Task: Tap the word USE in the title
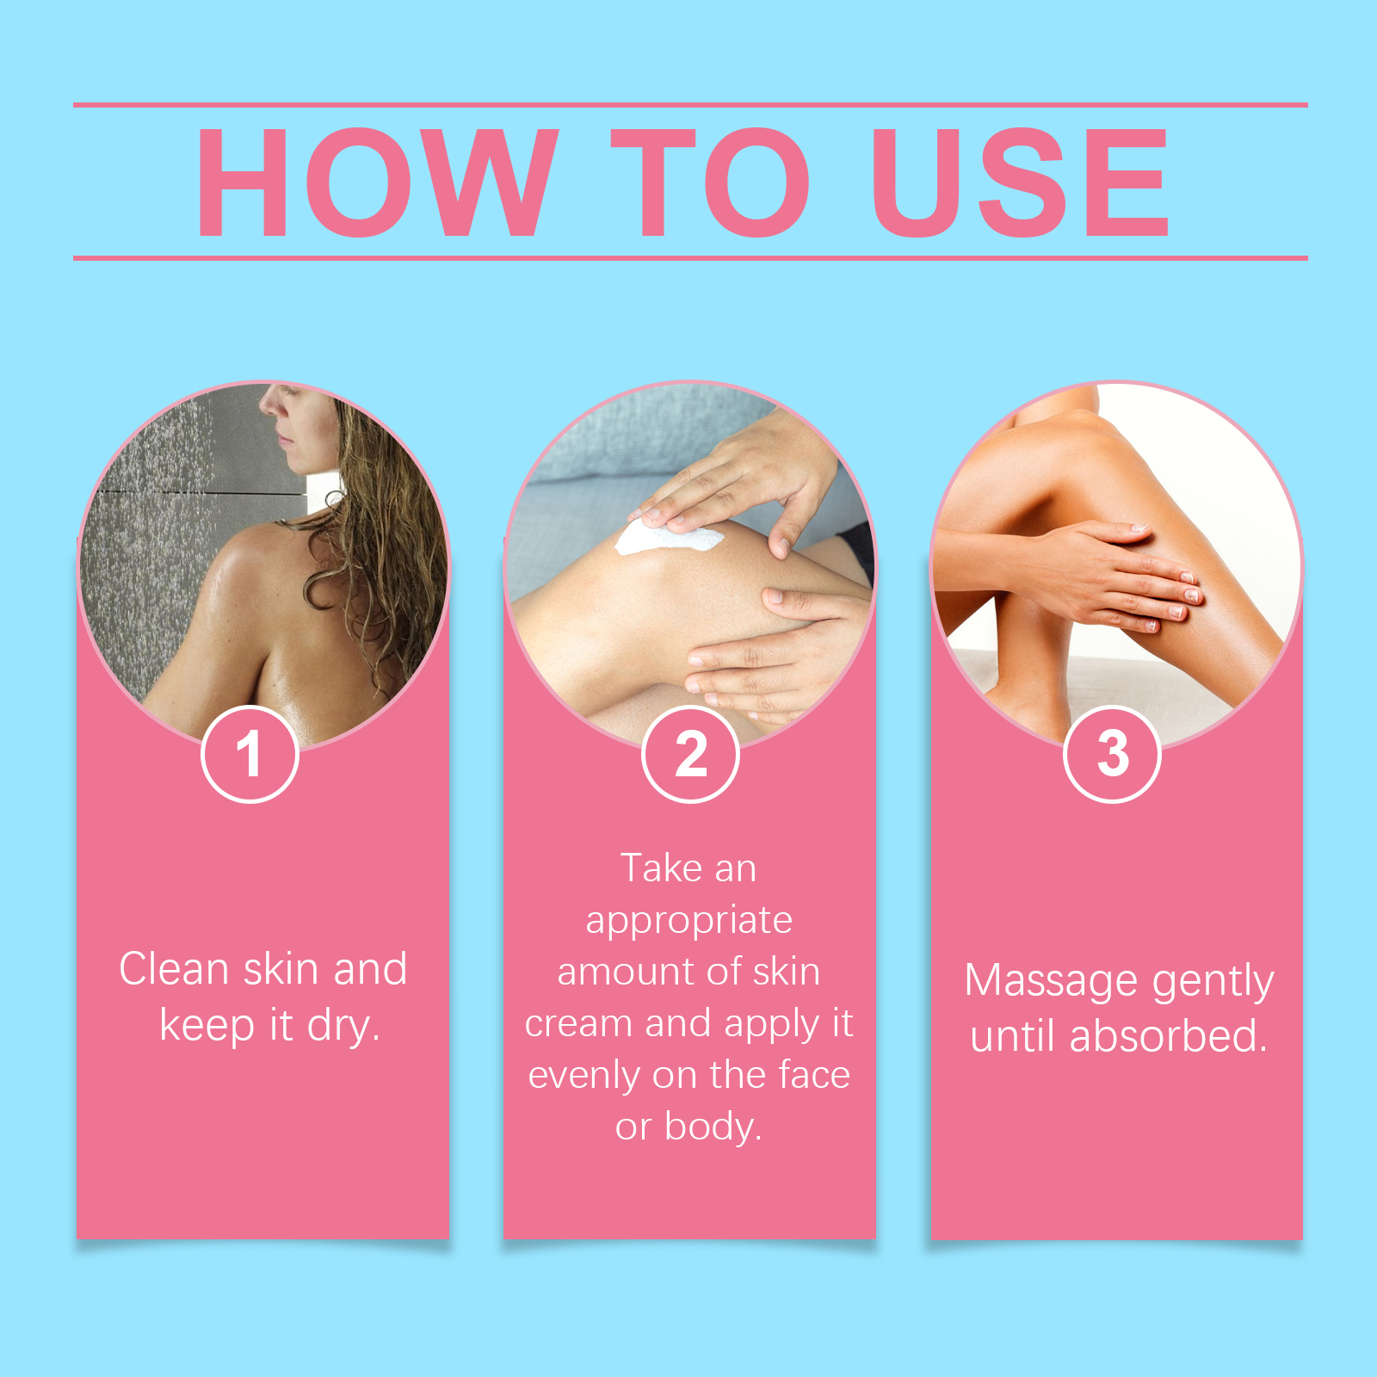click(1021, 182)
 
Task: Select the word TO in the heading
click(711, 182)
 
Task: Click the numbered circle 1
click(250, 754)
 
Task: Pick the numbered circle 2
click(690, 754)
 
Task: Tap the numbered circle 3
click(1112, 754)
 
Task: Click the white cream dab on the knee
click(669, 540)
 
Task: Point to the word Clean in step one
click(174, 969)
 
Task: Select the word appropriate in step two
click(688, 922)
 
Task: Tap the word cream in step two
click(578, 1024)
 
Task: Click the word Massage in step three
click(1051, 982)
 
